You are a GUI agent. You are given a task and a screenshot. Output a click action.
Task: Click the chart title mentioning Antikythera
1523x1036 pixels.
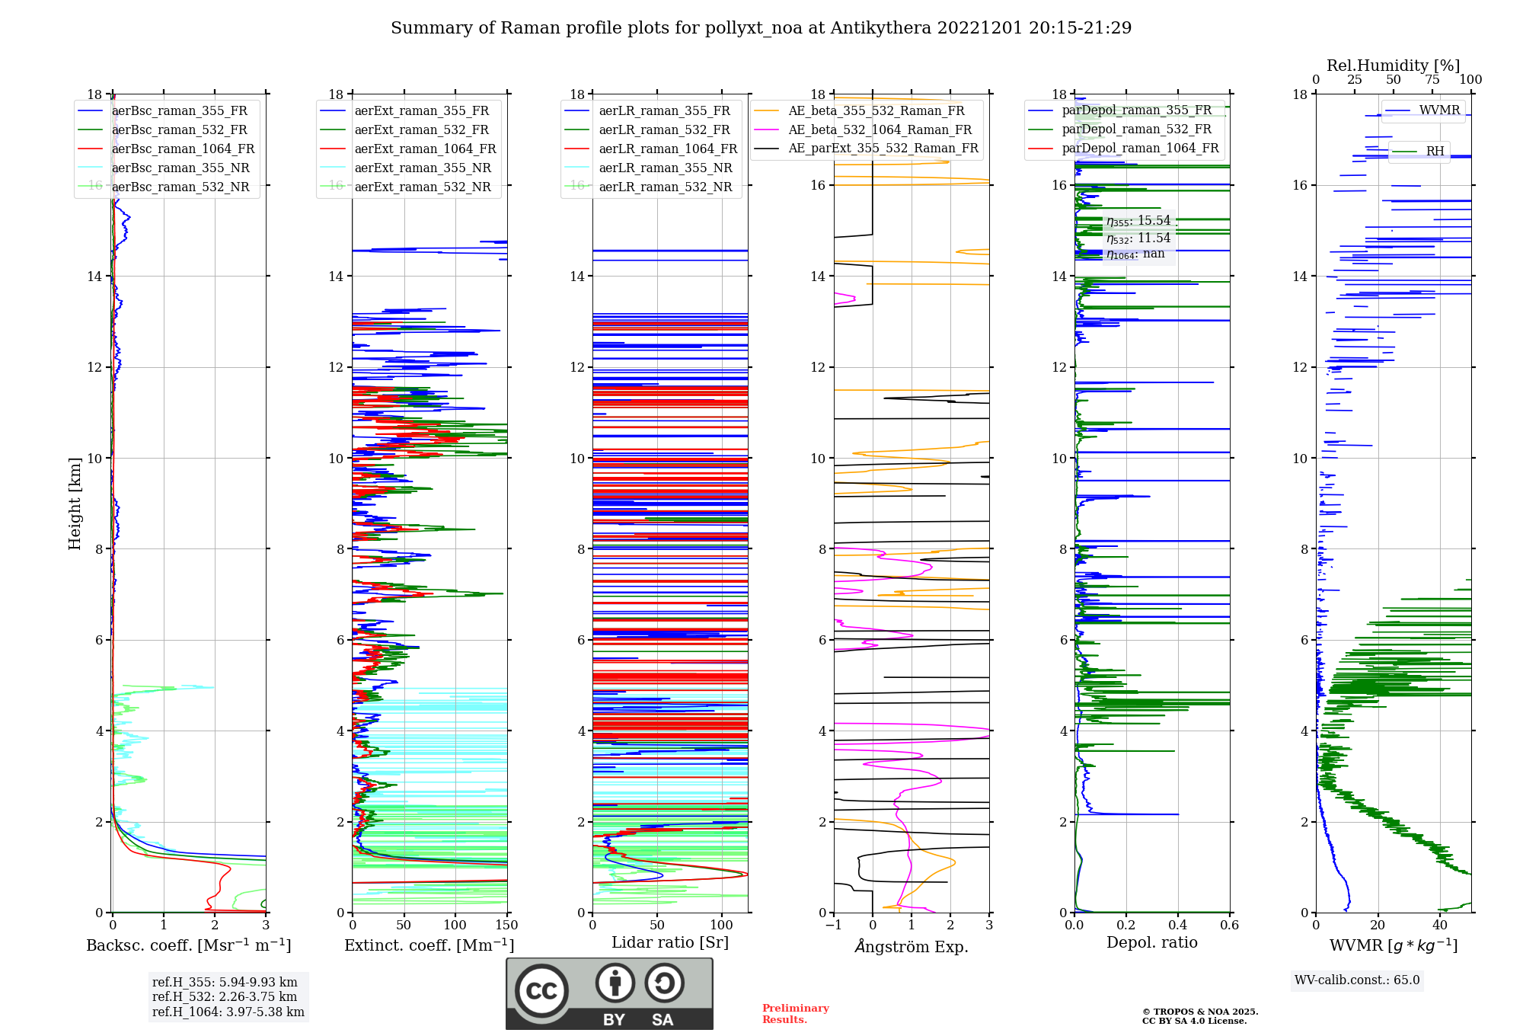coord(761,28)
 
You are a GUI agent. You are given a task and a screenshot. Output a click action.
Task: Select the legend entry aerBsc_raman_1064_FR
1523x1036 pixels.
coord(183,149)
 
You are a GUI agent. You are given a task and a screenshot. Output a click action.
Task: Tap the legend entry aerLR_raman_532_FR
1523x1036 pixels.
coord(664,130)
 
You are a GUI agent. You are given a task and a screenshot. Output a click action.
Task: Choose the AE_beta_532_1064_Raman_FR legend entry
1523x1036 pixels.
coord(880,130)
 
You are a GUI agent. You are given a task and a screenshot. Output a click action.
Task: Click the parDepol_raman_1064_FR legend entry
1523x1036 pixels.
coord(1140,149)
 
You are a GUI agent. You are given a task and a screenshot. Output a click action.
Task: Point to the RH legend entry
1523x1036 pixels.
coord(1435,152)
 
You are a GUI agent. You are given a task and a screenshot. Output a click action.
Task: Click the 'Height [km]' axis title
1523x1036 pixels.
coord(75,504)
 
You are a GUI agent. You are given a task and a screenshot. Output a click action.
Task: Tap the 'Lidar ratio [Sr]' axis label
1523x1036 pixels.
coord(670,943)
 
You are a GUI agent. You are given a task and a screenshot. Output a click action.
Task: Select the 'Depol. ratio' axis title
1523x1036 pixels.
coord(1151,943)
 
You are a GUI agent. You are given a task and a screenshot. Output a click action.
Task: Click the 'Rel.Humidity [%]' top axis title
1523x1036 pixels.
coord(1393,66)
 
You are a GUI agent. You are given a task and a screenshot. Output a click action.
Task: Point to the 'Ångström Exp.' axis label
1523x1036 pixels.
coord(911,947)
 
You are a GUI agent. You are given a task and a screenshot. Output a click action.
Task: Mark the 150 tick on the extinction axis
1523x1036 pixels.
coord(506,926)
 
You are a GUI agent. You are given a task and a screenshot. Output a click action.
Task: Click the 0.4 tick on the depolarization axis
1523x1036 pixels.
coord(1178,926)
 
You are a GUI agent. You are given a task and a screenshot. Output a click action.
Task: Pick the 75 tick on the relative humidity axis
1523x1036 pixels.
coord(1432,80)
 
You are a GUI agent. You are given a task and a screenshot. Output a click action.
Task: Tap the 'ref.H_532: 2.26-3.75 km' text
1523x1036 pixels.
coord(225,997)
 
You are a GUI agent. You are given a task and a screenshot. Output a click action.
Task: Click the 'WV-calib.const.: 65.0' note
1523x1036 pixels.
coord(1357,980)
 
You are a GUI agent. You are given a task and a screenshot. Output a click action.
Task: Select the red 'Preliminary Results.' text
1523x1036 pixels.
coord(795,1014)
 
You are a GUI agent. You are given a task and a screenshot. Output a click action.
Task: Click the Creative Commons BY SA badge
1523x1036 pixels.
coord(609,994)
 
